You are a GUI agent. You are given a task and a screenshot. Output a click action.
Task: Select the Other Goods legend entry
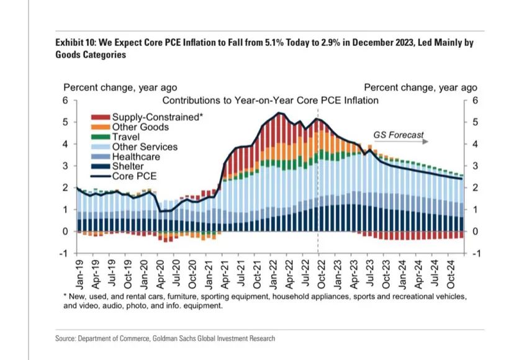pos(140,127)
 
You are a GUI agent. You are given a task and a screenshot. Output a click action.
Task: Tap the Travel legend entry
pos(126,137)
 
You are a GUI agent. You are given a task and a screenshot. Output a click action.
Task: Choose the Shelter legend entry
pos(128,166)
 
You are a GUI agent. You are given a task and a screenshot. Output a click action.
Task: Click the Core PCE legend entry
pos(134,176)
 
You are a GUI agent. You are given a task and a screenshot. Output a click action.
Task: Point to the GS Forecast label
pos(399,134)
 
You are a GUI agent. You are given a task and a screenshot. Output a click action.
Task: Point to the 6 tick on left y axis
pos(64,101)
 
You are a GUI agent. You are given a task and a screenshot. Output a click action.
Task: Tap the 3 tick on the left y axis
pos(64,166)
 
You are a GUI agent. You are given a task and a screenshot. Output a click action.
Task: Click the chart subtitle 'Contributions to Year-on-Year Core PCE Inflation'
pos(270,100)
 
